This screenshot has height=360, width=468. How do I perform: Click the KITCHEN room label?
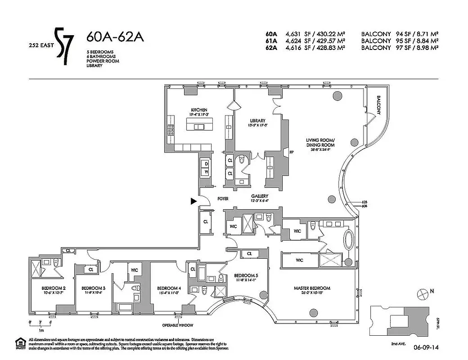point(198,110)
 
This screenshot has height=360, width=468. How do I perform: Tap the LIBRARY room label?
point(258,121)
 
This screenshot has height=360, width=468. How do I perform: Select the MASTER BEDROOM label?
point(312,288)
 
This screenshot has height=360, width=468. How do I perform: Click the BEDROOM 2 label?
point(54,288)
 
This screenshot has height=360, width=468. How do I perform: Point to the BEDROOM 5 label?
point(246,276)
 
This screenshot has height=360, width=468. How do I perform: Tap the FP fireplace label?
point(291,152)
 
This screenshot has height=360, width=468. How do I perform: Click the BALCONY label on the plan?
point(379,104)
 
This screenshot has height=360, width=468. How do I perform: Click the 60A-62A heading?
point(115,37)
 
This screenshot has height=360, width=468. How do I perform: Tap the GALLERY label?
point(260,196)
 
